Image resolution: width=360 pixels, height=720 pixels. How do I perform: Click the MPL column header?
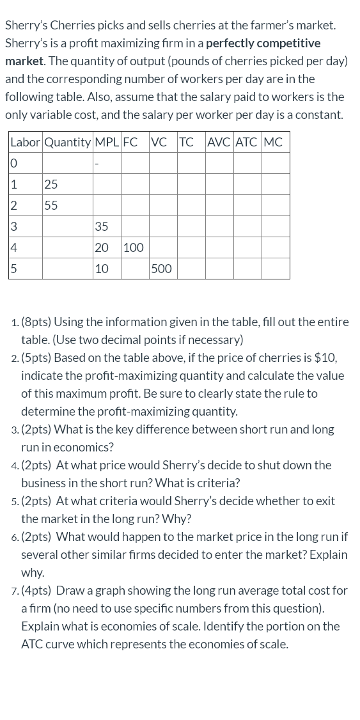[106, 143]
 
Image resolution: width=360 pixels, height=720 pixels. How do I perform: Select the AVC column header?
[219, 143]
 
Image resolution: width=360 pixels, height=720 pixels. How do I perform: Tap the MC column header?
[272, 143]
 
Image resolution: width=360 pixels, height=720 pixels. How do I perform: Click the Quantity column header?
[68, 143]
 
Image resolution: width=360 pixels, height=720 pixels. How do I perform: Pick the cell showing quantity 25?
[51, 184]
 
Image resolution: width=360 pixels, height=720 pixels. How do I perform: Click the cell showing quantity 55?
[51, 205]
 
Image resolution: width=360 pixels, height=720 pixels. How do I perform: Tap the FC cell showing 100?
[133, 247]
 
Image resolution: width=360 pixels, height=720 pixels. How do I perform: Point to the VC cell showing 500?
[161, 269]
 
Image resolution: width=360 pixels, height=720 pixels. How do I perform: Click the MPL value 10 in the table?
[101, 269]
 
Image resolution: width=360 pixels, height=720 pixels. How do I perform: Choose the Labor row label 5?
[13, 269]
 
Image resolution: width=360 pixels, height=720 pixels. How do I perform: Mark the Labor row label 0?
[13, 164]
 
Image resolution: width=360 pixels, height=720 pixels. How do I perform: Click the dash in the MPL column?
[97, 164]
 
